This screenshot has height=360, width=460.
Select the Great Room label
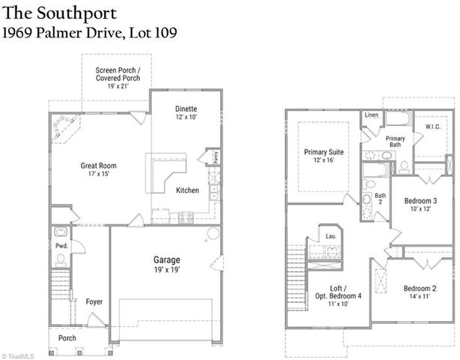click(99, 166)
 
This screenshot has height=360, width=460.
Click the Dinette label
click(187, 109)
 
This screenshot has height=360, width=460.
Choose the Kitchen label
click(187, 190)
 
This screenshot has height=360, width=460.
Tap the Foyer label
click(94, 302)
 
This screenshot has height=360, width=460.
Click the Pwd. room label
click(61, 245)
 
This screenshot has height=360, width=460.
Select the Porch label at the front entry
click(67, 337)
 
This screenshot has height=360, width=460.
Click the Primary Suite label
click(324, 152)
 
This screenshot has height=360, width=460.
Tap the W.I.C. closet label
click(432, 127)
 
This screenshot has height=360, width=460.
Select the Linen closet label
click(372, 115)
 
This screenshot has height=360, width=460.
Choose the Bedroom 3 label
click(420, 201)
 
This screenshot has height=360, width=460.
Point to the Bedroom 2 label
click(420, 289)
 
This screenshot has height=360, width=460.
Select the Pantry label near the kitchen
click(215, 157)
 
